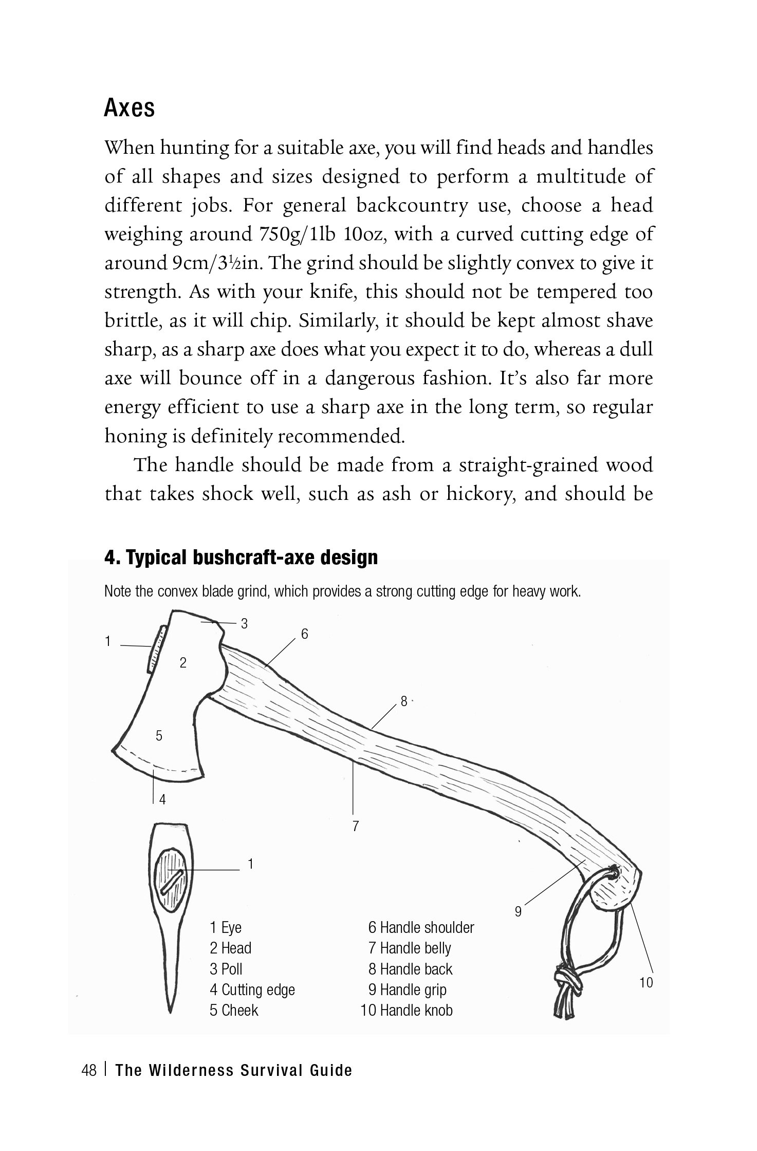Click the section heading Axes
[130, 109]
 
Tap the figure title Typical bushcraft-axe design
[241, 557]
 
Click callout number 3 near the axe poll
[245, 624]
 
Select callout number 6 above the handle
[305, 634]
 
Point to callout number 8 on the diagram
[404, 702]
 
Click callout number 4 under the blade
[162, 814]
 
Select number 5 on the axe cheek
[159, 736]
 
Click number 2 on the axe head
[182, 663]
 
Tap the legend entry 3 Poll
[226, 969]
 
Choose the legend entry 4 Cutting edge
[252, 990]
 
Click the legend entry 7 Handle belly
[410, 948]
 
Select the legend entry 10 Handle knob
[407, 1010]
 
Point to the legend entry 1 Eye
[225, 928]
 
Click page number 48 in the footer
[89, 1071]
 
